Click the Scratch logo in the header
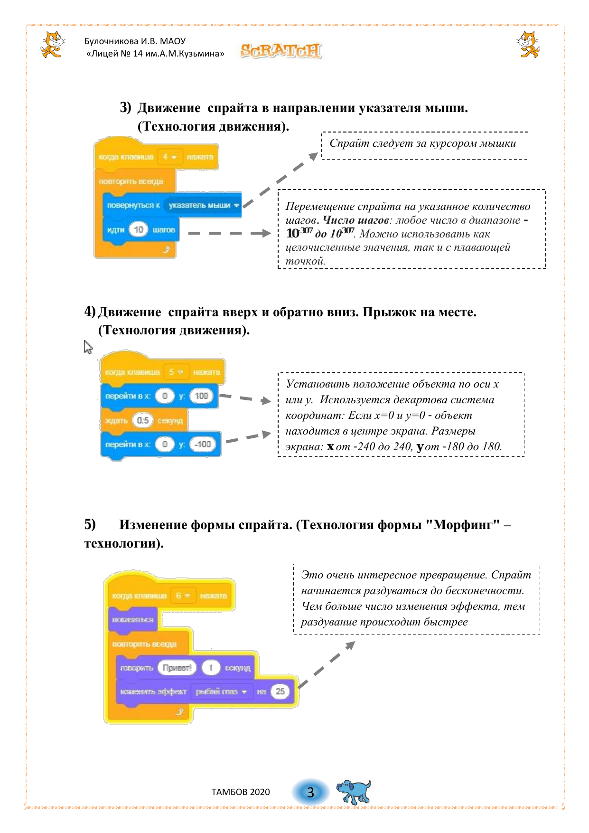pos(280,50)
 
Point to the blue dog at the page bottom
pos(353,791)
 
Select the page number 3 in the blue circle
pos(310,792)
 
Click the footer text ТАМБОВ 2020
pos(240,792)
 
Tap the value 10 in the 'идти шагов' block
pos(138,230)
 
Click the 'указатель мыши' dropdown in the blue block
pos(203,205)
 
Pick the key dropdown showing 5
pos(176,372)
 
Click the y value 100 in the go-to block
pos(201,396)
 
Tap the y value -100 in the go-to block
pos(203,444)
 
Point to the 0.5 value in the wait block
pos(142,420)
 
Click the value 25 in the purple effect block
pos(280,691)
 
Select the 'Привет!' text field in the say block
pos(176,668)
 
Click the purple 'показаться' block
pos(133,620)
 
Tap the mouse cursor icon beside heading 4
pos(88,347)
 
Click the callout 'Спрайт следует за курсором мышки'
pos(424,144)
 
